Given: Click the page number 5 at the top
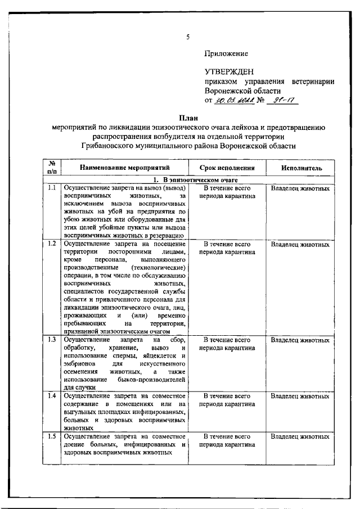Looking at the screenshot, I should click(188, 38).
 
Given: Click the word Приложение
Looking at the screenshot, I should click(226, 53).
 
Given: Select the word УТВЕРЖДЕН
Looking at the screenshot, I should click(229, 71).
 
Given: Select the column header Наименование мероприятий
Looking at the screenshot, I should click(124, 168).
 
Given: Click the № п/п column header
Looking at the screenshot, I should click(51, 168).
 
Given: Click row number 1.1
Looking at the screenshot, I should click(51, 188).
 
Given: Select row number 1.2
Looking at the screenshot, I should click(51, 244).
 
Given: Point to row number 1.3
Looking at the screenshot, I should click(51, 340).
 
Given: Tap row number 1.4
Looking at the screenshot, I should click(51, 396).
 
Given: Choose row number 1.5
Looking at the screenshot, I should click(51, 436).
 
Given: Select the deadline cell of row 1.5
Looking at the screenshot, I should click(227, 440).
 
